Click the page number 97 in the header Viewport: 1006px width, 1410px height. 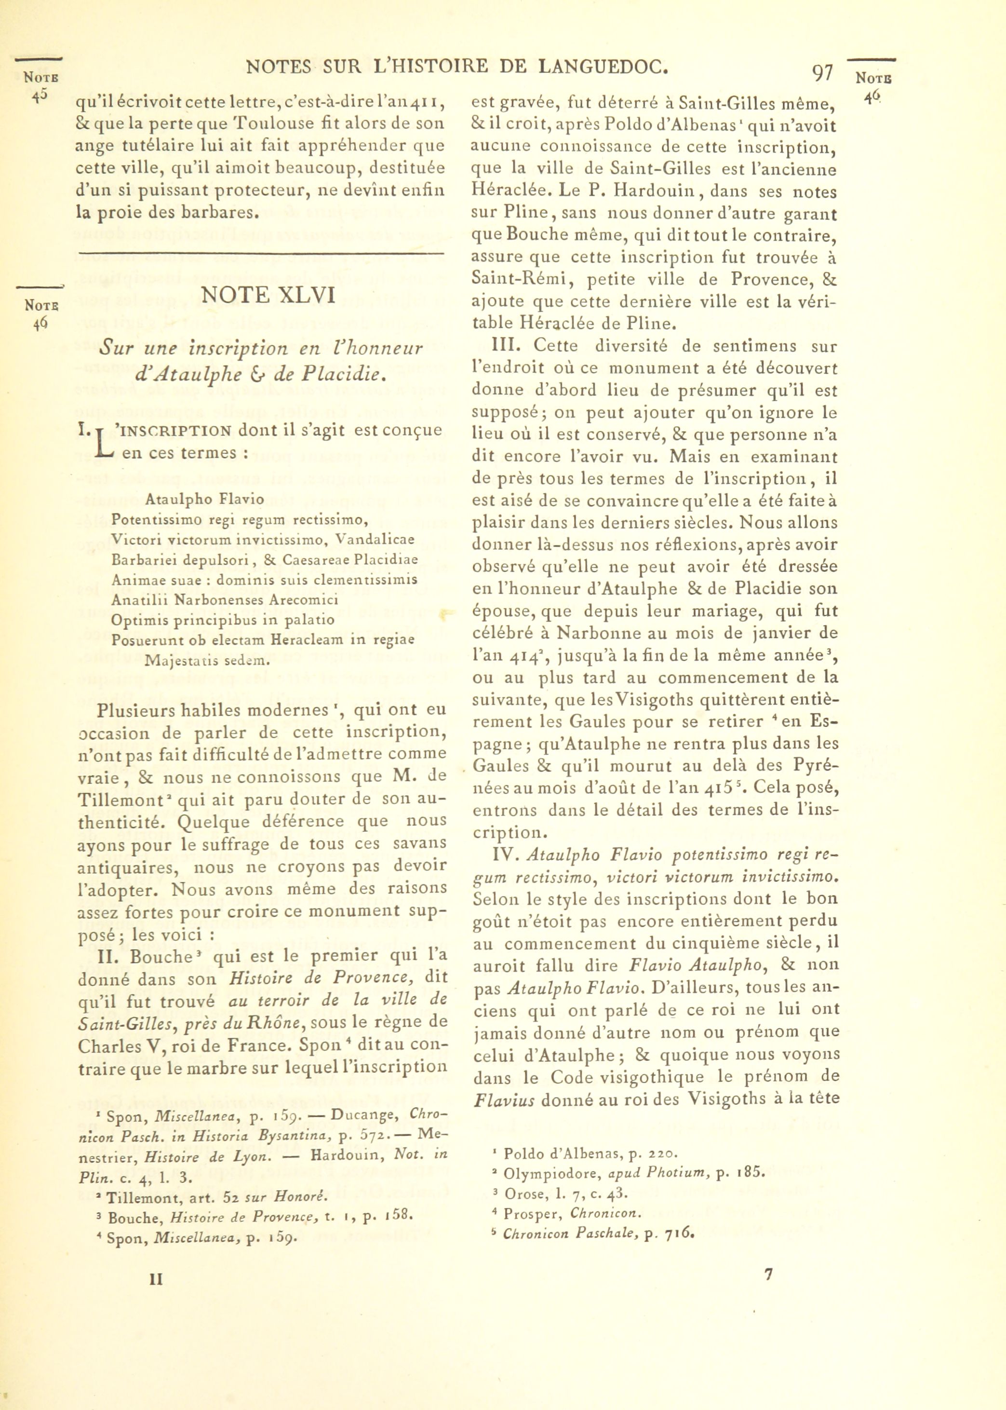(x=822, y=74)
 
